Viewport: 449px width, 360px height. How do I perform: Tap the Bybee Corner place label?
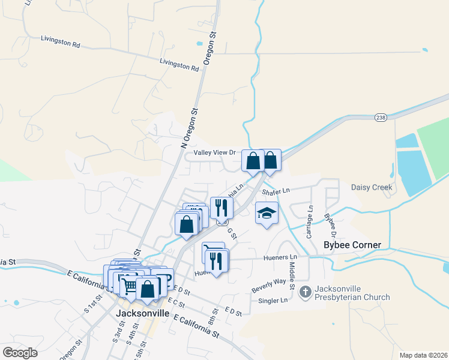[x=352, y=245]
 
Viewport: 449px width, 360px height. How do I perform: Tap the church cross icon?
[x=305, y=292]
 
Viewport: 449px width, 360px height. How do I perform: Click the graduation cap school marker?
[x=267, y=213]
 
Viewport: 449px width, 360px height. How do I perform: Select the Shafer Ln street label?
[x=276, y=191]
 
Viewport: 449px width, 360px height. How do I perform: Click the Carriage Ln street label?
[x=310, y=222]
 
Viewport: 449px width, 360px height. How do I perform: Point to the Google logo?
[x=20, y=353]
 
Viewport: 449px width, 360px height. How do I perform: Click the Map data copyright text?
[x=423, y=355]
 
